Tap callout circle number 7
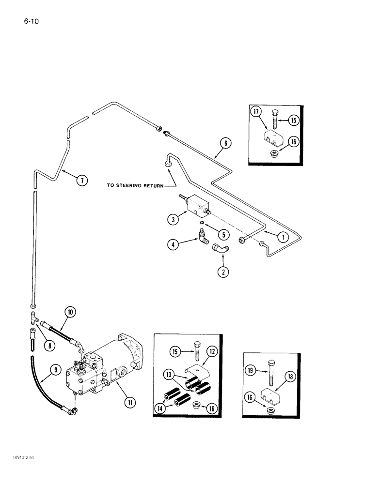point(82,181)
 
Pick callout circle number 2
point(223,272)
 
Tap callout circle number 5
point(223,235)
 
